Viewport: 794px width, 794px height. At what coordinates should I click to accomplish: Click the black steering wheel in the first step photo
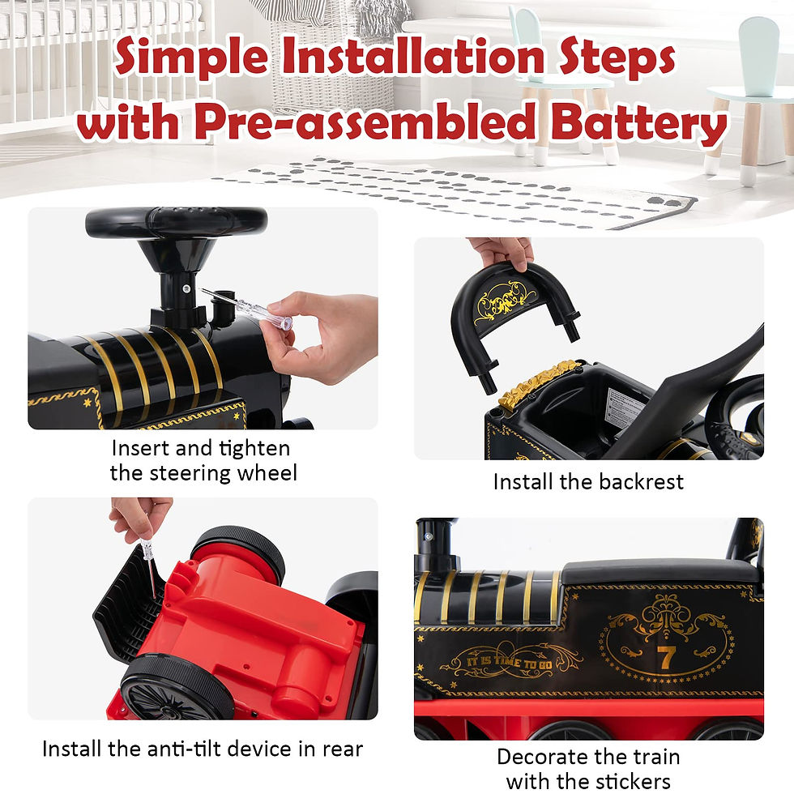[x=176, y=221]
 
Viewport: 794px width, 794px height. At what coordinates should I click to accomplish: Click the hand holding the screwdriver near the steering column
[x=324, y=336]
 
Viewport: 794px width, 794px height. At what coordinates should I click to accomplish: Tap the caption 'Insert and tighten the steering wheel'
[x=203, y=460]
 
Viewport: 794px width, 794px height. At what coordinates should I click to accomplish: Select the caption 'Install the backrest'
[x=588, y=481]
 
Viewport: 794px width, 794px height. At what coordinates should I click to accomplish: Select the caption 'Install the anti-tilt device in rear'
[x=203, y=749]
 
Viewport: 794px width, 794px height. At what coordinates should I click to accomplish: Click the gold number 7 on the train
[x=665, y=657]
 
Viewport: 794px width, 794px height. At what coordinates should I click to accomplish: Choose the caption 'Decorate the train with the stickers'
[x=588, y=769]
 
